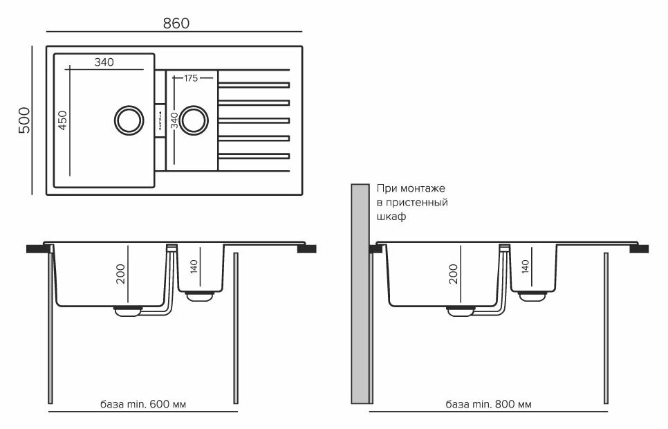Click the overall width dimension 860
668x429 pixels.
click(176, 23)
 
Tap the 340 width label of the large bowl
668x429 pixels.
click(104, 62)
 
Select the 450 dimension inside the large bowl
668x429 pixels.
click(62, 121)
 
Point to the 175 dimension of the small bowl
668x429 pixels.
click(191, 78)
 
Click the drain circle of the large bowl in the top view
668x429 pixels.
click(127, 118)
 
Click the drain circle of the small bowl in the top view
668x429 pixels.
click(194, 118)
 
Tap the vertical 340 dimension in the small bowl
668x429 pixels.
click(175, 121)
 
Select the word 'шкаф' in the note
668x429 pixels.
click(391, 216)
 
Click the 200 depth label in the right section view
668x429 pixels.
click(454, 276)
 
